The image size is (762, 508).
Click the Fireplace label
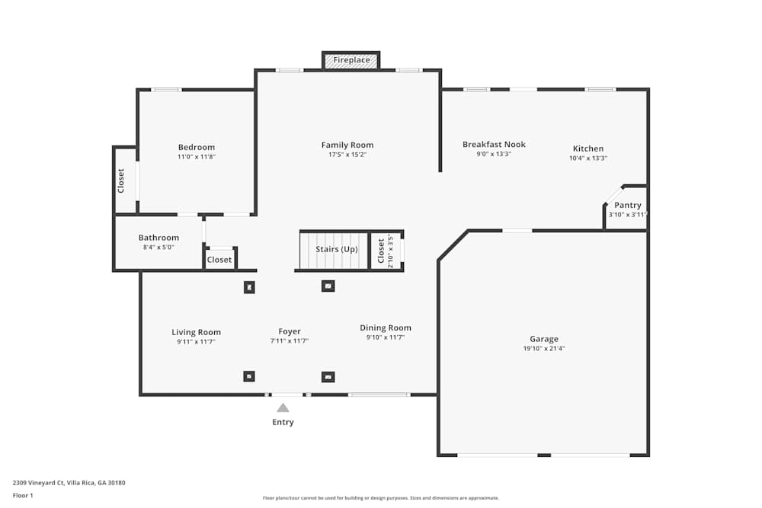point(351,60)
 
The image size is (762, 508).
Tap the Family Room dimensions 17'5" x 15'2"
point(347,155)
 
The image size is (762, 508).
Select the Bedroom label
point(197,147)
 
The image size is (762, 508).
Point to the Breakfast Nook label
point(494,144)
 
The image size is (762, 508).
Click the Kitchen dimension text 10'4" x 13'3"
point(588,158)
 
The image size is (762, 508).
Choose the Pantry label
point(627,205)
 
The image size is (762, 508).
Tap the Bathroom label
point(158,238)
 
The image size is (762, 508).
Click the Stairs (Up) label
point(336,249)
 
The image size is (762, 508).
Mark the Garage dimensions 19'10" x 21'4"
point(544,348)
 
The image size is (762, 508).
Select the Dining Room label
point(386,327)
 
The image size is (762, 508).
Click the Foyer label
point(289,331)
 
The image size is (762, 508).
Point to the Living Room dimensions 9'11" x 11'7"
point(196,341)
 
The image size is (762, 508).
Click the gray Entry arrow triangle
point(283,408)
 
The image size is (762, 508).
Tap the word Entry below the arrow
point(283,422)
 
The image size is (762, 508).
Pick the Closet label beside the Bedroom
point(121,181)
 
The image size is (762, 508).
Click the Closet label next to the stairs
point(381,251)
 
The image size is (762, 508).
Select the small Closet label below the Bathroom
point(219,260)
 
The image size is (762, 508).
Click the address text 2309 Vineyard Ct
point(38,483)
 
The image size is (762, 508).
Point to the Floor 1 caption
point(23,495)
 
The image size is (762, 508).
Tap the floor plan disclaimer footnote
point(380,498)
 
